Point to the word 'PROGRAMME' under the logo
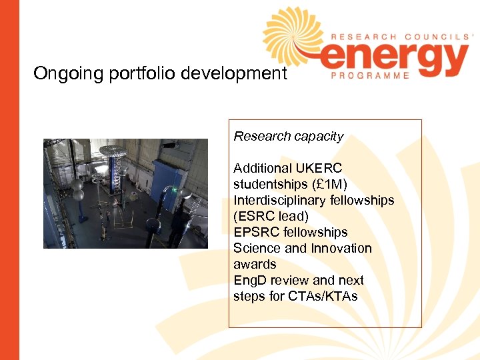[370, 76]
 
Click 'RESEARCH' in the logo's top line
[359, 37]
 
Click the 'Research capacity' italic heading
[288, 137]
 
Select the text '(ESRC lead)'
[271, 217]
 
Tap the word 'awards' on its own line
[254, 265]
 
